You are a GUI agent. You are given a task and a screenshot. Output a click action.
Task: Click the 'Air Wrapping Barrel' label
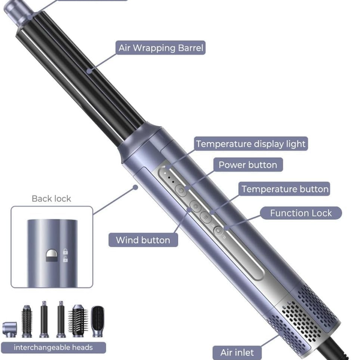tap(160, 48)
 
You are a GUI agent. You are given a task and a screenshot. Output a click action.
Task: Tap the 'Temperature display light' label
tap(251, 144)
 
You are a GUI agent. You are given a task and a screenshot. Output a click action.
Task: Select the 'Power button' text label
tap(248, 164)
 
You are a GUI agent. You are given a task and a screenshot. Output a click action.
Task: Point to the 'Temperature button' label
tap(284, 189)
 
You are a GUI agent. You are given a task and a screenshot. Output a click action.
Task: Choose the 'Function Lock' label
tap(301, 213)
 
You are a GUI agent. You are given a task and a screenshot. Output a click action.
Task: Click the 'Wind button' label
tap(143, 240)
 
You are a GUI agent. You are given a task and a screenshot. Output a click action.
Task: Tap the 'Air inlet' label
tap(237, 352)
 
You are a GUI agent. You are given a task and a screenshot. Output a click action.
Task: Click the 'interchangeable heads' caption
tap(53, 347)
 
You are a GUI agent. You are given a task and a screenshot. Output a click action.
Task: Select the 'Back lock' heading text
tap(52, 199)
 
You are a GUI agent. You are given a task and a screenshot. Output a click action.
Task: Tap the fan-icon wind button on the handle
tap(196, 206)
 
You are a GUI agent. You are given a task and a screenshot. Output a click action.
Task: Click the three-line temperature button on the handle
tap(206, 217)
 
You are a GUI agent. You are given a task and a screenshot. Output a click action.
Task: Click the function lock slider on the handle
tap(218, 231)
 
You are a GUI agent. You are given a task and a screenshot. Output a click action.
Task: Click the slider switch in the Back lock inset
tap(52, 256)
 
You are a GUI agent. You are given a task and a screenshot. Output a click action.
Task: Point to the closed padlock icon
tap(65, 251)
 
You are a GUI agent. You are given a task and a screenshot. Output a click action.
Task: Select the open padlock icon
tap(65, 259)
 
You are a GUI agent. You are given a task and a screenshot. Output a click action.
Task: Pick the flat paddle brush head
tap(98, 321)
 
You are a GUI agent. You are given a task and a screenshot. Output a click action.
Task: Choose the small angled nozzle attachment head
tap(10, 329)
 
